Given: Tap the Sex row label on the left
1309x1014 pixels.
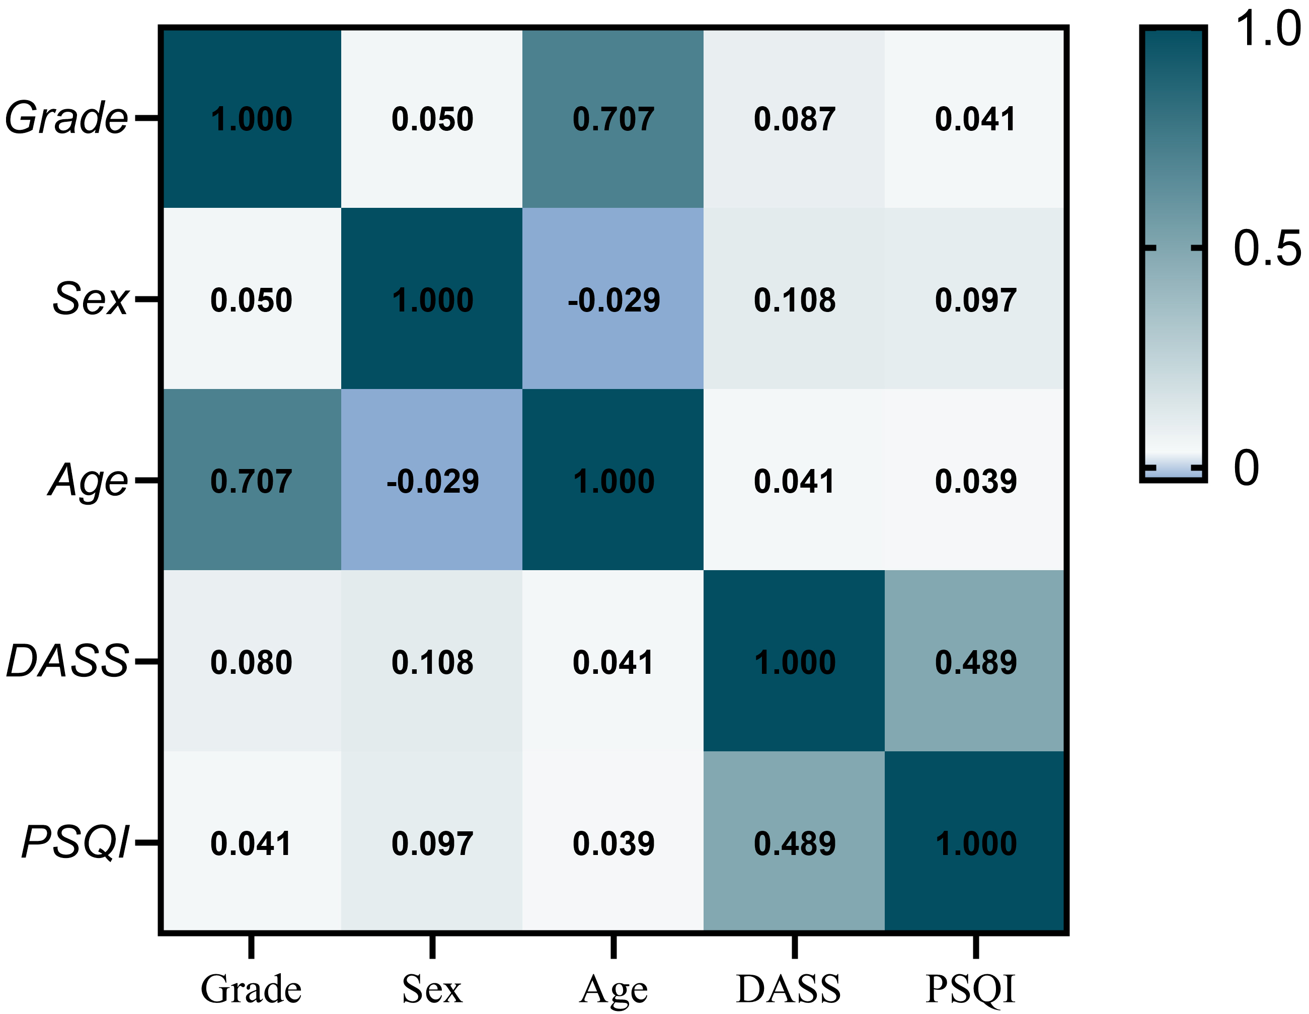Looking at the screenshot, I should click(x=91, y=298).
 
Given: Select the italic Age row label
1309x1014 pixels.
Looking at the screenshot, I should click(x=88, y=481).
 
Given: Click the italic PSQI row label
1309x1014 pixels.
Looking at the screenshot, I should click(x=75, y=842).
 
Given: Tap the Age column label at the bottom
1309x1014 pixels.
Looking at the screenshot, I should click(x=613, y=990).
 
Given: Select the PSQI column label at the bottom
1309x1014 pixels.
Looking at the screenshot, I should click(x=970, y=990).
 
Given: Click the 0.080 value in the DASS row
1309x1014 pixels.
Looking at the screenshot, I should click(x=251, y=662).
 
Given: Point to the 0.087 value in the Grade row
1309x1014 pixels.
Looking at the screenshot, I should click(x=794, y=119).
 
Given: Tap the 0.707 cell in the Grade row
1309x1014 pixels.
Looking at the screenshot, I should click(x=613, y=119).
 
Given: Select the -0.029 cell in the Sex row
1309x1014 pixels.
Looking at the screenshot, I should click(x=613, y=299).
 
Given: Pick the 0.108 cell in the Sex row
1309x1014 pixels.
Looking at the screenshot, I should click(x=794, y=299).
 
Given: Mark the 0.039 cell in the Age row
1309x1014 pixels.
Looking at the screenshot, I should click(x=976, y=481).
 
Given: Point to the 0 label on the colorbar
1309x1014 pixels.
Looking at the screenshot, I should click(x=1247, y=467).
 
